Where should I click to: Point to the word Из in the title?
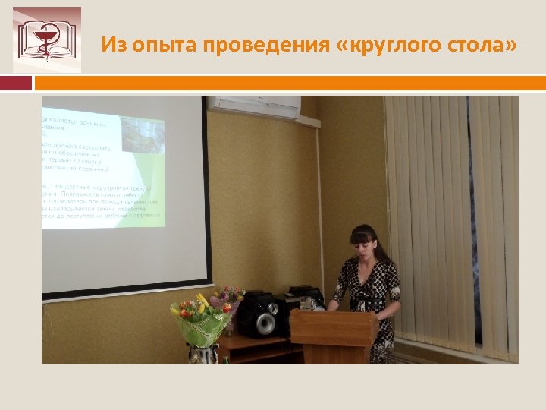pos(115,46)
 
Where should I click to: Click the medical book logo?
pos(47,39)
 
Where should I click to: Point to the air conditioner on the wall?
pos(254,106)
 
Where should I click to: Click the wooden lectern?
pos(334,334)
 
